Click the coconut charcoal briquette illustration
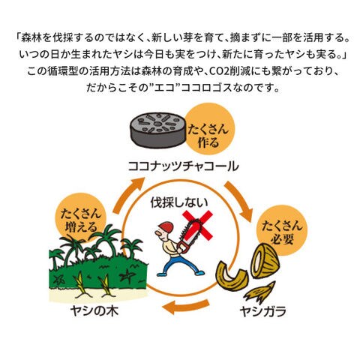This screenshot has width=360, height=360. click(158, 130)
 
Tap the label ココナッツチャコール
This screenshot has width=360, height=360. click(183, 166)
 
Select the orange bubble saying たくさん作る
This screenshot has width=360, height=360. click(208, 130)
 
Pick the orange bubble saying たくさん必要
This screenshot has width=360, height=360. click(282, 230)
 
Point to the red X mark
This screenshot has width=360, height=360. click(197, 224)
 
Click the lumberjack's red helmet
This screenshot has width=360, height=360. click(166, 227)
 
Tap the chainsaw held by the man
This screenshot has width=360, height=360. click(189, 236)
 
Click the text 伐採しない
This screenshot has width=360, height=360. click(179, 202)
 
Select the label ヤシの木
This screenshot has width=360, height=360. click(94, 311)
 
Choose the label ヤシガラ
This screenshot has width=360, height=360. click(263, 311)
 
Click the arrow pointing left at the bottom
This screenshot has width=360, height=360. click(185, 306)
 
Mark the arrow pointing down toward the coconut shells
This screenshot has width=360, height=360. click(238, 200)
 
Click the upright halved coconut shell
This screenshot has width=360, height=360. click(265, 261)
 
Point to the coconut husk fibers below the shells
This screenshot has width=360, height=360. click(260, 292)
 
